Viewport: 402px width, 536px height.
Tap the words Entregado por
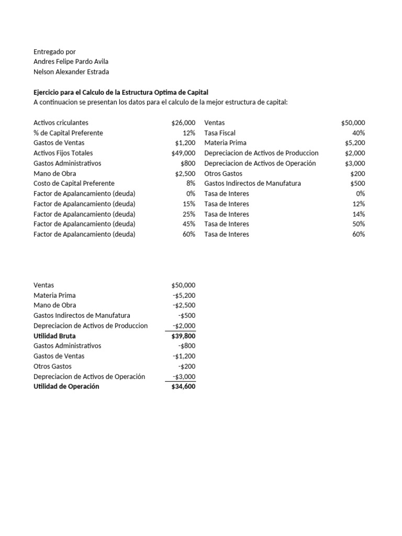[x=54, y=51]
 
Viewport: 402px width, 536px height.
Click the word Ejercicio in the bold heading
[x=47, y=92]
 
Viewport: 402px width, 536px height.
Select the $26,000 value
[x=183, y=122]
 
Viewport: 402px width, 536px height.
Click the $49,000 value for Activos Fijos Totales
[x=183, y=153]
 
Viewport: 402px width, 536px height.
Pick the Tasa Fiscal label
[x=220, y=133]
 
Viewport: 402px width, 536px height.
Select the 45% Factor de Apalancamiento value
[x=189, y=224]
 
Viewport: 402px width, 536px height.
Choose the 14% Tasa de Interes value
[x=359, y=214]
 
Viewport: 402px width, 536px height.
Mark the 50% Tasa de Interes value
[x=359, y=224]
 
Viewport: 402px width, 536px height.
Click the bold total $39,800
[x=183, y=336]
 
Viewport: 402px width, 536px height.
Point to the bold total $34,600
[x=183, y=386]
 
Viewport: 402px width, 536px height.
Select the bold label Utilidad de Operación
[x=66, y=386]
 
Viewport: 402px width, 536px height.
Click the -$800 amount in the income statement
[x=187, y=346]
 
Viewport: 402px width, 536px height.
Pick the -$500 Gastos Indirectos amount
[x=187, y=315]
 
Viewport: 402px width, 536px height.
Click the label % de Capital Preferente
[x=68, y=133]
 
